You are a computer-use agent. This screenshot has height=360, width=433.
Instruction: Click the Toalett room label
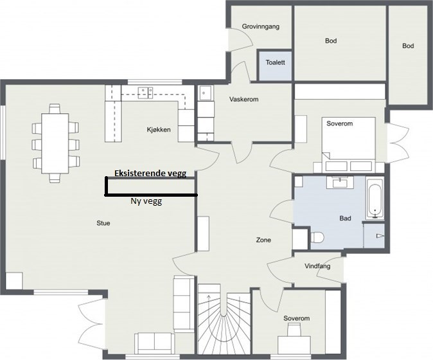pos(276,62)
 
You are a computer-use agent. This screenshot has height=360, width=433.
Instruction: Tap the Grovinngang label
pos(261,26)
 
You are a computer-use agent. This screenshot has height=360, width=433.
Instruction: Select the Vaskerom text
pos(244,99)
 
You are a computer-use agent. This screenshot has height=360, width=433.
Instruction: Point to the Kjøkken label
pos(159,129)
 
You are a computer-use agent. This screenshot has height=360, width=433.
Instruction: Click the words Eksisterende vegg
pos(150,173)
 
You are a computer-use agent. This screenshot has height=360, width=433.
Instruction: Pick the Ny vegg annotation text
pos(146,201)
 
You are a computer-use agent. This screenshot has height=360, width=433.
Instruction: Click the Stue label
pos(103,223)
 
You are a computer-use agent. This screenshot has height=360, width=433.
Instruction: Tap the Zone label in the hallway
pos(263,240)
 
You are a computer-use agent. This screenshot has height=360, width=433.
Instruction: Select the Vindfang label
pos(317,266)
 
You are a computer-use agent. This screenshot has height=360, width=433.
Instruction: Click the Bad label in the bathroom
pos(345,219)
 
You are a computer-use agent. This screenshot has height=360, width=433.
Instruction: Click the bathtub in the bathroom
pos(375,199)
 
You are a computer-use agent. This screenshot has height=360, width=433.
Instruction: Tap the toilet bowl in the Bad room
pos(317,237)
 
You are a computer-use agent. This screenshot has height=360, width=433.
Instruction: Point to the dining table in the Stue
pos(55,143)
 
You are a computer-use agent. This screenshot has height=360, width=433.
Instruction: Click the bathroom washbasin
pos(339,183)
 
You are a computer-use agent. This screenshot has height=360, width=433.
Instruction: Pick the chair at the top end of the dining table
pos(55,108)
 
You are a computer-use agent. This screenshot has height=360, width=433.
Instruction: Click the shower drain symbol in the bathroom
pos(380,236)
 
